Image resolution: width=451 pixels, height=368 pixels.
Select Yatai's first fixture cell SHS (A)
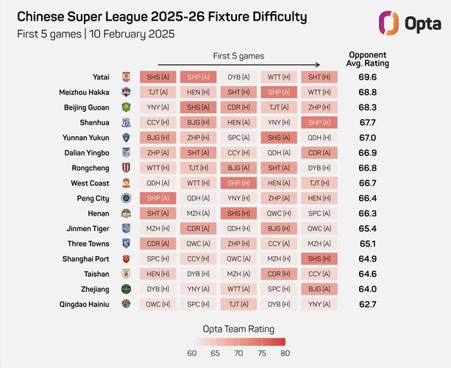click(x=157, y=77)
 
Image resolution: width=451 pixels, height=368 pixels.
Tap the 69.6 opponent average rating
click(x=367, y=77)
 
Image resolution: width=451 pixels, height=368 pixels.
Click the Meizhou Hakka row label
click(x=84, y=92)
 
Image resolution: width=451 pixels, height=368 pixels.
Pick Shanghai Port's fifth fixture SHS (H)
click(x=319, y=258)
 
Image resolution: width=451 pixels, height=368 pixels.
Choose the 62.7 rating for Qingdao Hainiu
click(x=367, y=303)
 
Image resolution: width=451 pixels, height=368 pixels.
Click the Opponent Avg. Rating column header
click(x=367, y=59)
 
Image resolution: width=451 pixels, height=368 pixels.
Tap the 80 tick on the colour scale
click(x=282, y=353)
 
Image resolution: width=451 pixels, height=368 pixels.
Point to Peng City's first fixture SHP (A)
click(x=157, y=198)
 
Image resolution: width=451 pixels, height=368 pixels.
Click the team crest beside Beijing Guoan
click(x=126, y=107)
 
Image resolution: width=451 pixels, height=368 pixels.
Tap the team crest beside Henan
click(x=126, y=213)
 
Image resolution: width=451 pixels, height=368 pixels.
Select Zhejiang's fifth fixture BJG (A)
click(x=319, y=289)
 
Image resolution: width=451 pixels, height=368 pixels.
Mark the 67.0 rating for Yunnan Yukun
click(x=367, y=137)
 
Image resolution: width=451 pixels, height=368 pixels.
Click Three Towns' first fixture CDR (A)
click(x=157, y=243)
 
